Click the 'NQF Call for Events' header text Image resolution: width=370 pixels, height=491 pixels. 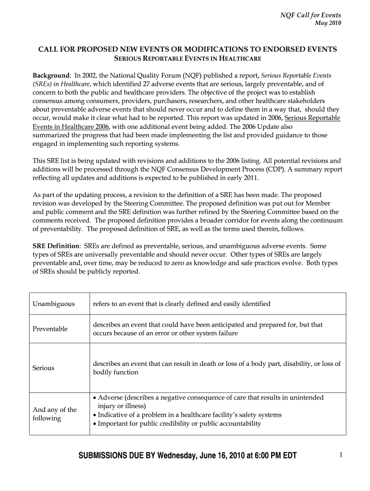tap(310, 15)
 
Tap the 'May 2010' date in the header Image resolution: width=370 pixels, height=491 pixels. tap(328, 23)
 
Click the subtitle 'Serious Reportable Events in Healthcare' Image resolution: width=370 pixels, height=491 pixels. tap(187, 58)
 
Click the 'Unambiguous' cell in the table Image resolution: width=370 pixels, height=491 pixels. tap(54, 304)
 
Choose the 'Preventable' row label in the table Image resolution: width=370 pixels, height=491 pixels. tap(50, 329)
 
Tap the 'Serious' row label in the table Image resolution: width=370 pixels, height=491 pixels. tap(43, 368)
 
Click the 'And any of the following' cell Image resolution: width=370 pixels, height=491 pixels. tap(54, 414)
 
